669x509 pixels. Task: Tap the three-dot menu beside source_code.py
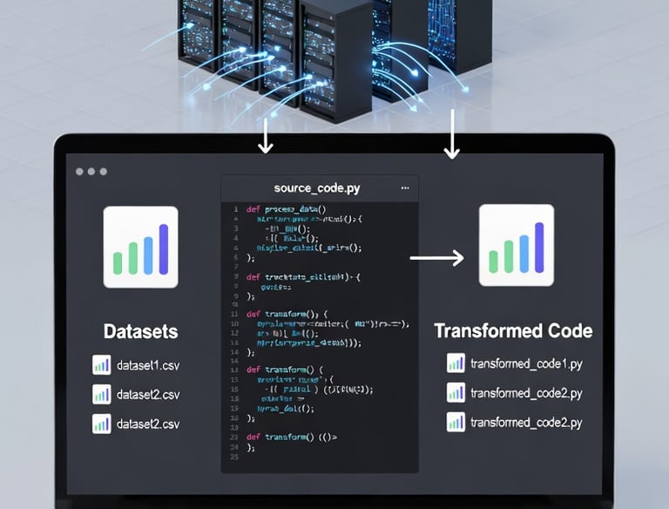coord(404,187)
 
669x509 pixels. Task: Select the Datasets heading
coord(140,331)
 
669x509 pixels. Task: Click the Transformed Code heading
coord(513,331)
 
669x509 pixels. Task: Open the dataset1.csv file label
coord(147,365)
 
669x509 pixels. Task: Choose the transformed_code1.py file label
coord(526,364)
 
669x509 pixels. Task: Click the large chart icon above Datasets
coord(140,247)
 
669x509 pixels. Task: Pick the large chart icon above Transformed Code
coord(517,245)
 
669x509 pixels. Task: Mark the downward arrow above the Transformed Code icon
coord(451,135)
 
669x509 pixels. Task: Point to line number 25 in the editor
coord(233,457)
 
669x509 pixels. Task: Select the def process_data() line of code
coord(286,209)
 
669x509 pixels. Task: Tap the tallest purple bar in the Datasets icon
coord(163,248)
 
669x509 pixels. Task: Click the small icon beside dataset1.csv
coord(101,365)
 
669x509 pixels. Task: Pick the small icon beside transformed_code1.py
coord(456,364)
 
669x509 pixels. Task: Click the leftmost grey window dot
coord(79,172)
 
